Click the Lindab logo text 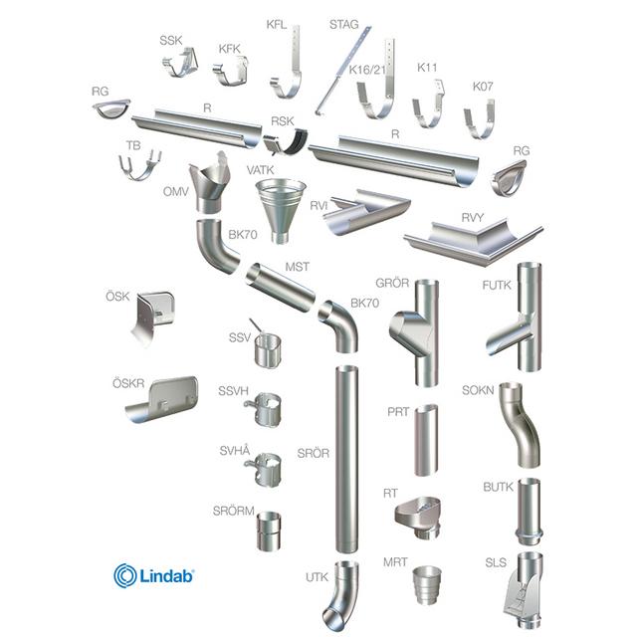click(167, 575)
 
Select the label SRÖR click(314, 453)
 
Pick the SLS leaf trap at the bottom click(525, 591)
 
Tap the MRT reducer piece click(427, 584)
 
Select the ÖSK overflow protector click(153, 317)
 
